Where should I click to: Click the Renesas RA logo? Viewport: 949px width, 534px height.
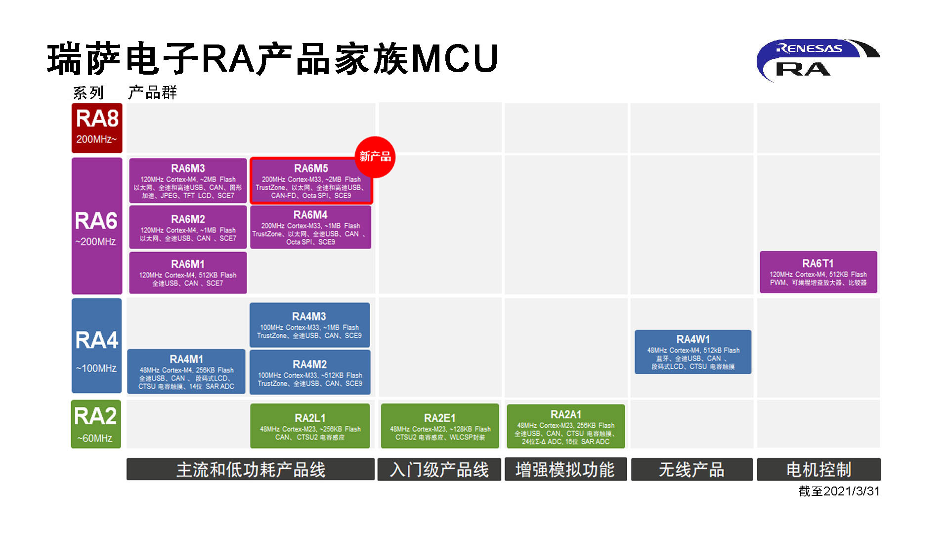click(x=818, y=60)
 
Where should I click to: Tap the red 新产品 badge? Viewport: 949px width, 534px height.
click(x=375, y=157)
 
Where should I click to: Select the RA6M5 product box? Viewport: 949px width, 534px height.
click(x=311, y=181)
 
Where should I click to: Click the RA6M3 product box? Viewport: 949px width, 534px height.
click(x=188, y=181)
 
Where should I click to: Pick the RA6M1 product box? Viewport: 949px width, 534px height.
click(x=188, y=273)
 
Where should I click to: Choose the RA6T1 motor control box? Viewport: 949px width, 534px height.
click(x=818, y=272)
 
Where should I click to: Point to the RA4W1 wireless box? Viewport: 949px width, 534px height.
click(x=693, y=352)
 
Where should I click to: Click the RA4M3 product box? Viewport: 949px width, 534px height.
click(x=309, y=325)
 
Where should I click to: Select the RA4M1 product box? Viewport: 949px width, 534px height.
click(x=186, y=372)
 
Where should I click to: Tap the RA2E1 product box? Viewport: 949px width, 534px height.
click(x=440, y=426)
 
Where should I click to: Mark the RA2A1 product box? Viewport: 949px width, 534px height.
click(x=566, y=426)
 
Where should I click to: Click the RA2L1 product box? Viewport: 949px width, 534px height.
click(x=310, y=426)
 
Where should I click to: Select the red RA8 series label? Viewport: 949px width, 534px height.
click(x=97, y=128)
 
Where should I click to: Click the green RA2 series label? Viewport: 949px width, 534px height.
click(x=96, y=424)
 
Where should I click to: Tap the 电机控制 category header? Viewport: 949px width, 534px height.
click(x=819, y=469)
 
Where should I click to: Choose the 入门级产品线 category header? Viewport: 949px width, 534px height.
click(x=439, y=469)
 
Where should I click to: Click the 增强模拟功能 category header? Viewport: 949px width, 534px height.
click(x=565, y=469)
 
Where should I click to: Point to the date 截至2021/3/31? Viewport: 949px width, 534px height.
click(x=839, y=491)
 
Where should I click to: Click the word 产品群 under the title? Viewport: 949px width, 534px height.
click(x=152, y=92)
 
